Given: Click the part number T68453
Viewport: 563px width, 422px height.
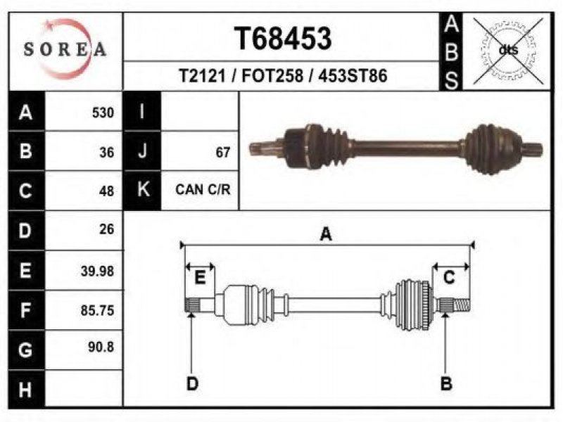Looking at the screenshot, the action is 283,39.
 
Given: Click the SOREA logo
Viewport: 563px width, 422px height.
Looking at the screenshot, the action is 65,49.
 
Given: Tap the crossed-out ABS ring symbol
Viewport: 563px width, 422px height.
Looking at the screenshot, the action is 508,51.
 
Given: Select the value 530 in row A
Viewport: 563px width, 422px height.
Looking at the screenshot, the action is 103,113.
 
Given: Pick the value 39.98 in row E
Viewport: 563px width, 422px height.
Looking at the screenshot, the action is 97,271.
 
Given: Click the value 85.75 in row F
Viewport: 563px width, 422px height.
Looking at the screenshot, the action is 97,310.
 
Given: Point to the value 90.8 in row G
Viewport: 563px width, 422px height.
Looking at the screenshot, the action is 101,347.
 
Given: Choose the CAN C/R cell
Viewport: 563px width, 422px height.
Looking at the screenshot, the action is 203,189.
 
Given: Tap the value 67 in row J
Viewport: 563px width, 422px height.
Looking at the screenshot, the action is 222,153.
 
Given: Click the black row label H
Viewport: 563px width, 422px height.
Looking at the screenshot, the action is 26,390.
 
